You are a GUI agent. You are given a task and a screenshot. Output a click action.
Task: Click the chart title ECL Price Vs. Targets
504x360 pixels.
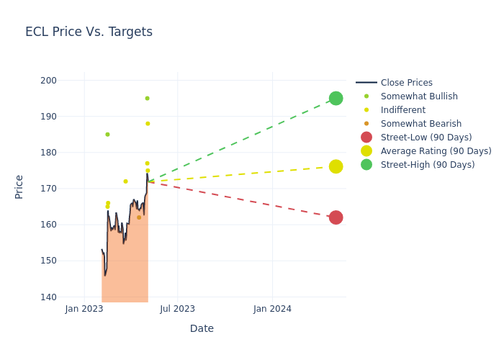[x=89, y=32]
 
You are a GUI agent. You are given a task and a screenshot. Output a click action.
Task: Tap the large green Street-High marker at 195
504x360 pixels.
[x=336, y=98]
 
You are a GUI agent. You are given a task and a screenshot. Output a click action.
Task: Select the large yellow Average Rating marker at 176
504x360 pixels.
[x=336, y=166]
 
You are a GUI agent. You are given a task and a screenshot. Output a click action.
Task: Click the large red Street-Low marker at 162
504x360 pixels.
[x=336, y=217]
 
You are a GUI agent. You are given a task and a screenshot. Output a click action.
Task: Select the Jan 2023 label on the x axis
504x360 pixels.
[x=84, y=309]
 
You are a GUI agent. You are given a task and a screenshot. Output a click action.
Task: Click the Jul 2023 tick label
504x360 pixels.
[x=178, y=309]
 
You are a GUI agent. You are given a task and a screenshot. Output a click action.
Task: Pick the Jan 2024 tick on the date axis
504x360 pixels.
[x=272, y=309]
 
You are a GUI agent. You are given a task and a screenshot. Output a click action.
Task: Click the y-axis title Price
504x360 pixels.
[x=19, y=186]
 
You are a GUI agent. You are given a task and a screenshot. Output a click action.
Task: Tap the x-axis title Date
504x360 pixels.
[x=202, y=328]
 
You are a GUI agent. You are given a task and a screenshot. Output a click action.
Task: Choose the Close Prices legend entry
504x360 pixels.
[x=406, y=83]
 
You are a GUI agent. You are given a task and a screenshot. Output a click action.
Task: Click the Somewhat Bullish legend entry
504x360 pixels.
[x=419, y=96]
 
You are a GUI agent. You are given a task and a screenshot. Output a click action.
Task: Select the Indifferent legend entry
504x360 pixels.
[x=402, y=110]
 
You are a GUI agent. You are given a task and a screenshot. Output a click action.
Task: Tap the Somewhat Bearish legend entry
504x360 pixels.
[x=420, y=124]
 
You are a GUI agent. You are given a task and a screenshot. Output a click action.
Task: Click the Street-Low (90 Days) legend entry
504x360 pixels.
[x=426, y=138]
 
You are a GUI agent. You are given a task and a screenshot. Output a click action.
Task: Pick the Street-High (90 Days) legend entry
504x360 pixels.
[x=427, y=165]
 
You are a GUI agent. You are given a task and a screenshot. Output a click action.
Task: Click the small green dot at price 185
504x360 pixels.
[x=107, y=135]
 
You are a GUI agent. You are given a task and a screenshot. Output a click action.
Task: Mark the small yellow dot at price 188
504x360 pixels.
[x=148, y=124]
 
